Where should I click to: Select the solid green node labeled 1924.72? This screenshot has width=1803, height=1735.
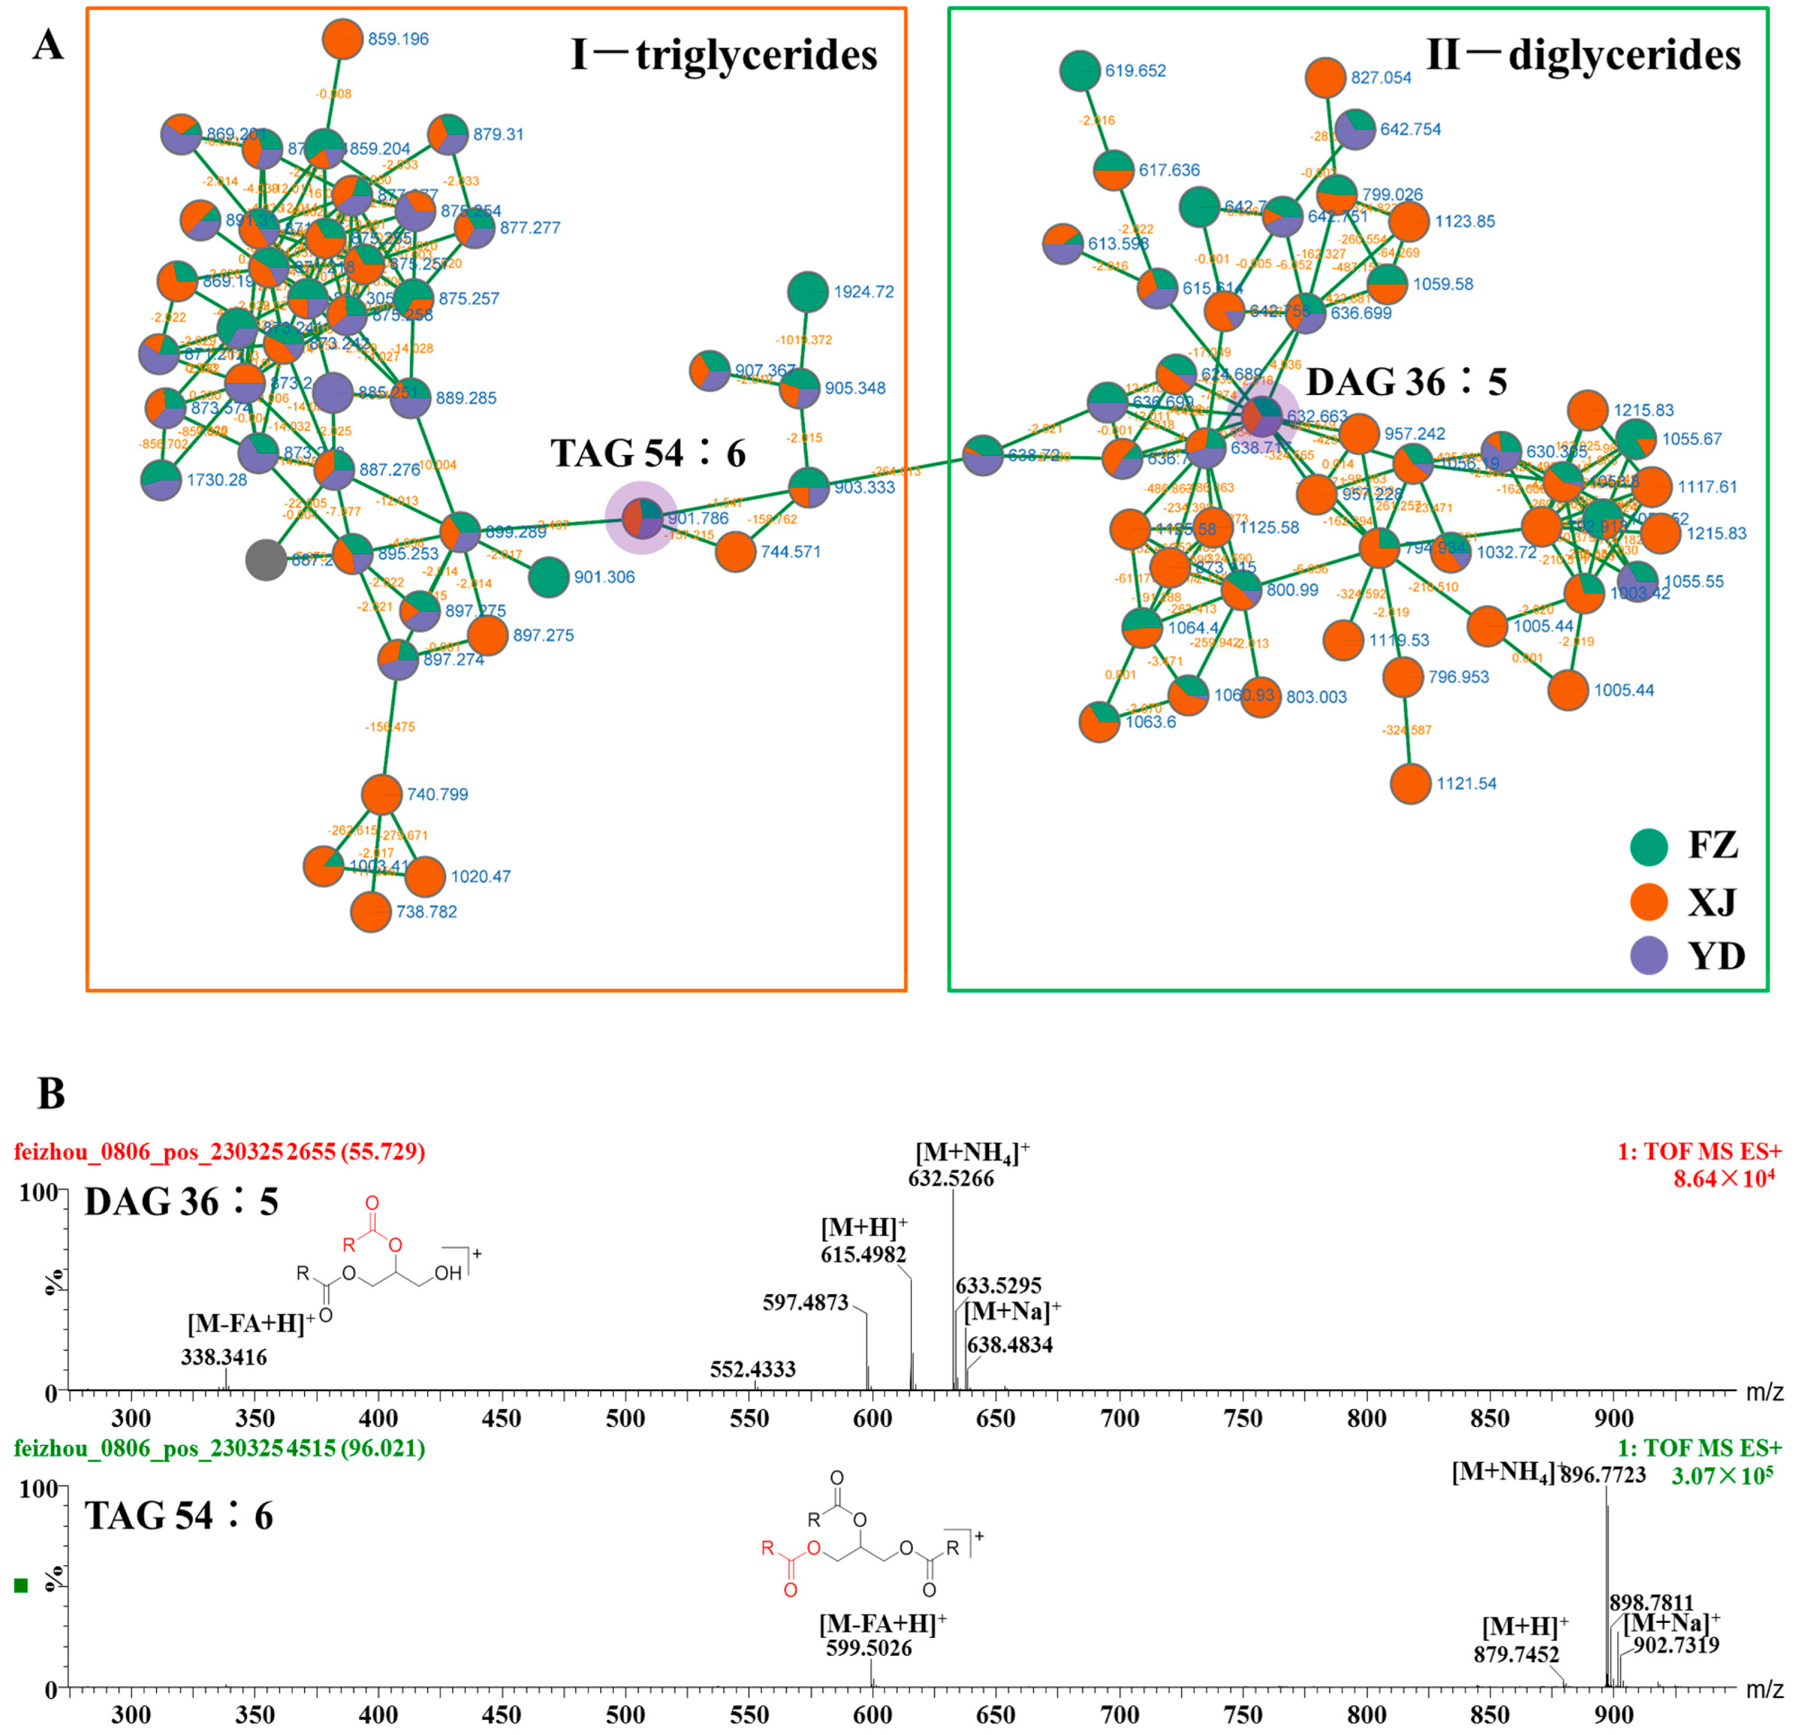point(808,292)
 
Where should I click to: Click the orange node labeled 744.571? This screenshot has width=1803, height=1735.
point(734,552)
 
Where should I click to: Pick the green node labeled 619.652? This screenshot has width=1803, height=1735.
point(1080,71)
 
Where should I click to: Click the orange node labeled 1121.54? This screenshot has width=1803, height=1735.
point(1410,784)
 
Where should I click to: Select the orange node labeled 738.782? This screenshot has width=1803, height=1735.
point(371,912)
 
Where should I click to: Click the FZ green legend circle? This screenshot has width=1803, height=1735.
point(1649,845)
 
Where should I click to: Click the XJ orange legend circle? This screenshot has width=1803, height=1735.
point(1649,901)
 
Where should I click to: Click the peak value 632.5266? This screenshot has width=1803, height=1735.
point(951,1179)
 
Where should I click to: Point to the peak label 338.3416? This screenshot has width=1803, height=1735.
point(224,1358)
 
